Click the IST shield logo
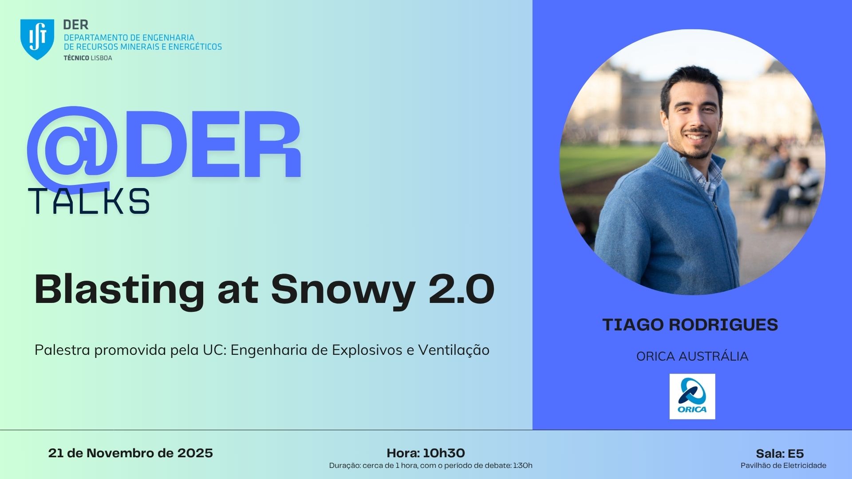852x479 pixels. [37, 39]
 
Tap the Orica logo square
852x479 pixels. [692, 397]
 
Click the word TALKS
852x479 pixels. [89, 201]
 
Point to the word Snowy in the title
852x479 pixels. [343, 291]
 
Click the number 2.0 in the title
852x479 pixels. [461, 289]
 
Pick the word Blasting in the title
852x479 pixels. [119, 291]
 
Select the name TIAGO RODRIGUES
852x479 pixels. [690, 325]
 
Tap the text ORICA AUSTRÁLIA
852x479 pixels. [692, 356]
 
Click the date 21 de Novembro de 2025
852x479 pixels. [130, 453]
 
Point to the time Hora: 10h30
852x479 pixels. [426, 453]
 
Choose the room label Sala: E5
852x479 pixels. [780, 454]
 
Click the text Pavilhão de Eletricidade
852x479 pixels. [783, 465]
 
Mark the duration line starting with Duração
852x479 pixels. [430, 465]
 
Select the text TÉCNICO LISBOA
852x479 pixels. [88, 58]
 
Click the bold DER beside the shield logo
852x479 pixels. [76, 24]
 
